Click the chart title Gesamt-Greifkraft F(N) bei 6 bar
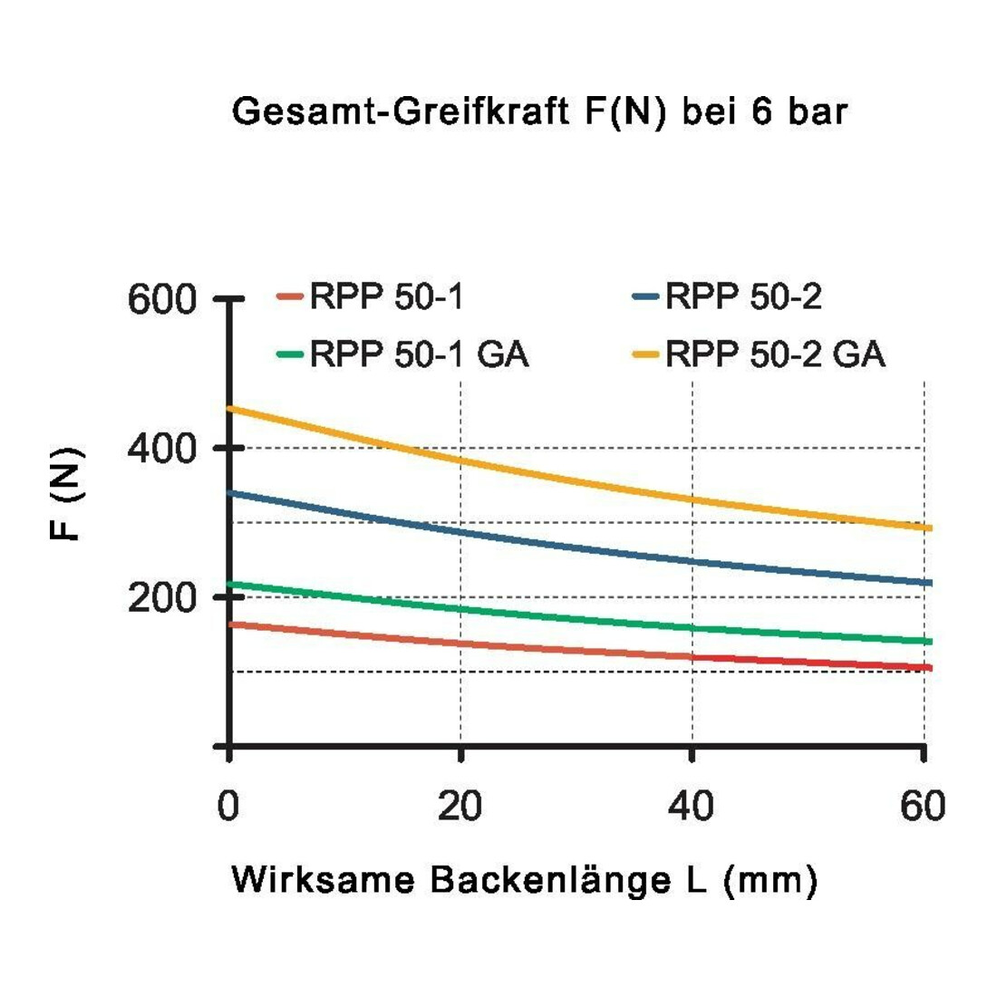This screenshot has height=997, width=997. tap(539, 112)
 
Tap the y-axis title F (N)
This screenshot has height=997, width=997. tap(66, 493)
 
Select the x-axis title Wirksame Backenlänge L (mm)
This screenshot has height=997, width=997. tap(525, 881)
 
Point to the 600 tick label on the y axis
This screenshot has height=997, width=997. tap(162, 299)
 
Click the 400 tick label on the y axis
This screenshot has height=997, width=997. tap(162, 449)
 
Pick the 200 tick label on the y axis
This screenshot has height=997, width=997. tap(162, 597)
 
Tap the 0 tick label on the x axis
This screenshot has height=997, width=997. tap(228, 806)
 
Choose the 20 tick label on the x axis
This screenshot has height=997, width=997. tap(460, 806)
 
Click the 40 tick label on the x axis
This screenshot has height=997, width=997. tap(692, 806)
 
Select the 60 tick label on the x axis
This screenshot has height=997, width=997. tap(923, 806)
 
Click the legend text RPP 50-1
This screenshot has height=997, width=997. tap(387, 296)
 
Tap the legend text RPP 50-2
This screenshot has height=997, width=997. tap(743, 296)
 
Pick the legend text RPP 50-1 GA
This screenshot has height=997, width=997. tap(419, 353)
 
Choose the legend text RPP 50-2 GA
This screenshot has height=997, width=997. tap(775, 353)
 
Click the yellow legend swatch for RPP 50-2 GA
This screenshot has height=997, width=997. tap(645, 354)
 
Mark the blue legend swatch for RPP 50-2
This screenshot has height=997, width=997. tap(645, 296)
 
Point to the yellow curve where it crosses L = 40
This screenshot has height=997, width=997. tap(692, 499)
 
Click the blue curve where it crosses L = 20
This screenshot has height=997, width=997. tap(460, 531)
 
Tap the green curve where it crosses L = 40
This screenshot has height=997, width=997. tap(692, 628)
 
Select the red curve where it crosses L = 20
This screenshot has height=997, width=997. tap(460, 644)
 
